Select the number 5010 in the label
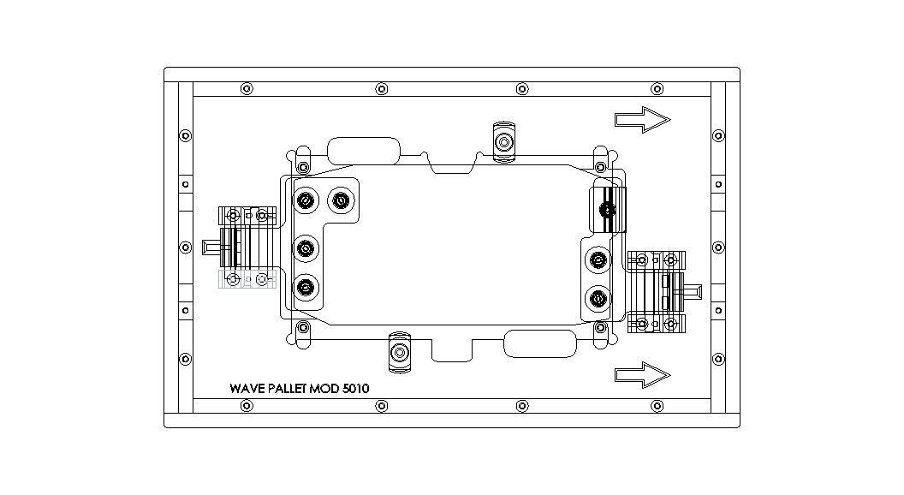tap(355, 389)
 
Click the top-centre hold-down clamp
tap(503, 140)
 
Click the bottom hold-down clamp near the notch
tap(399, 352)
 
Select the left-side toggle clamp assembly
tap(247, 247)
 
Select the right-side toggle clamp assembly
tap(657, 291)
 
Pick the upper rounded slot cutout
tap(363, 150)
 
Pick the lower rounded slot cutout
tap(539, 343)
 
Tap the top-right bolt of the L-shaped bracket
tap(342, 201)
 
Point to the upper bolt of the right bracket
tap(597, 258)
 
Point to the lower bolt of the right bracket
tap(597, 299)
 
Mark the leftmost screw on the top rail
tap(247, 88)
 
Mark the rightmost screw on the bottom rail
tap(657, 406)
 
